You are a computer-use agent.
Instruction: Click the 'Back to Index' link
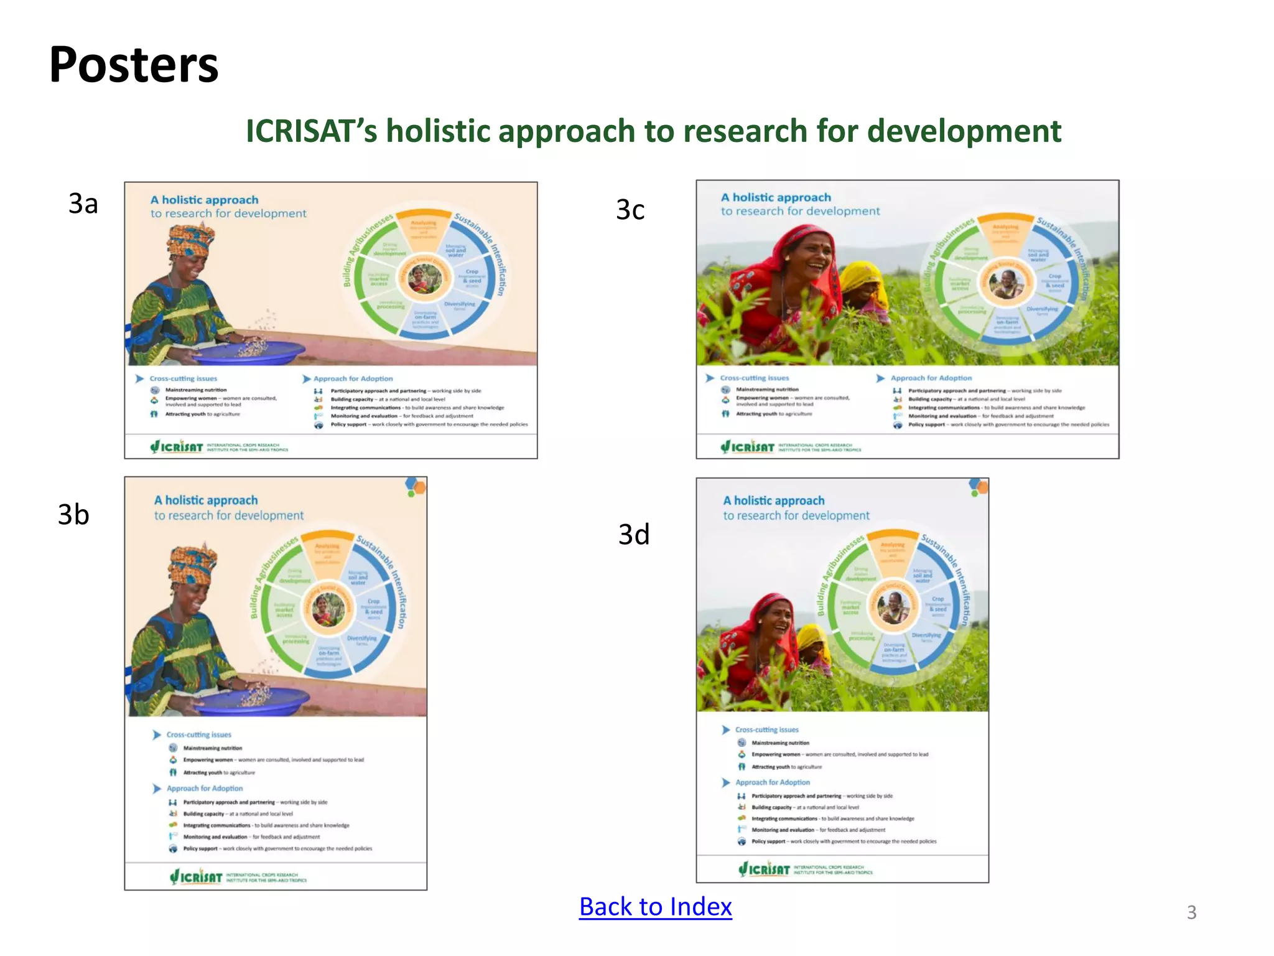pos(655,907)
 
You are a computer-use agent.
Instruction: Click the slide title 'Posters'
pos(134,65)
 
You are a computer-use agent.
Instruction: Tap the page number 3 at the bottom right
pos(1191,912)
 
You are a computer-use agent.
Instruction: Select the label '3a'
pos(83,204)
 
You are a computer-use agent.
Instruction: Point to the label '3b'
pos(73,515)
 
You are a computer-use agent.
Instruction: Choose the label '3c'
pos(630,210)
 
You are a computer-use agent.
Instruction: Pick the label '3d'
pos(634,535)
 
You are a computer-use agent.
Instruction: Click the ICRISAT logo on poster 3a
pos(177,446)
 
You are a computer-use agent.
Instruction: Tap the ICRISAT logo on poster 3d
pos(765,869)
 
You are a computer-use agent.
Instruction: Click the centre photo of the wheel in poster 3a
pos(425,279)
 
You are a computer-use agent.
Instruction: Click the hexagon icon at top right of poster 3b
pos(416,486)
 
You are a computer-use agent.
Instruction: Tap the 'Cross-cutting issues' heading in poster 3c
pos(754,378)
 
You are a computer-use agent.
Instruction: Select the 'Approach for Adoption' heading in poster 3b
pos(205,789)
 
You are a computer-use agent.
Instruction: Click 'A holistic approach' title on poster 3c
pos(776,197)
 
